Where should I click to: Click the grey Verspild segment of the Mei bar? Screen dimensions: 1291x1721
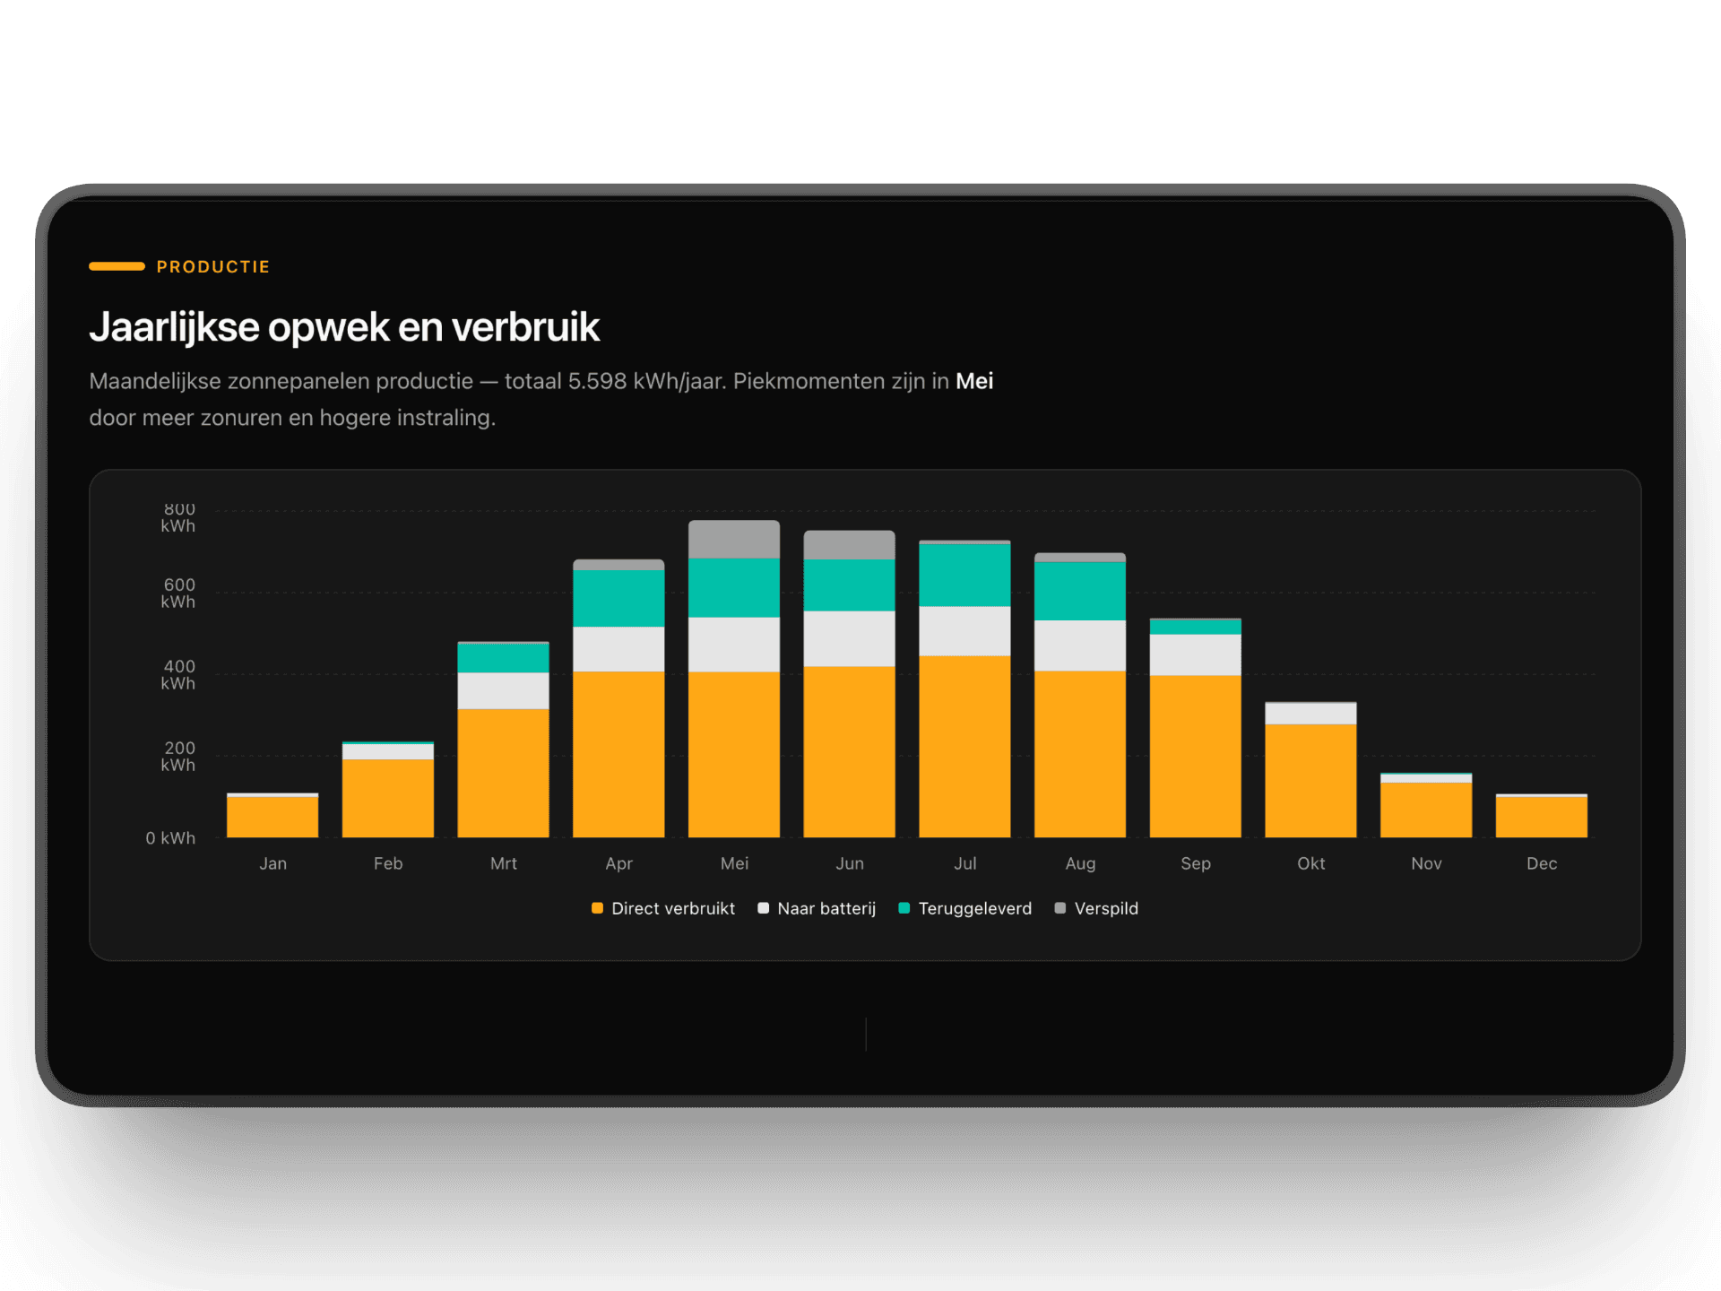click(x=733, y=539)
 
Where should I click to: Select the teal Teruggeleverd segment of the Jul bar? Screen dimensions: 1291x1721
click(x=964, y=575)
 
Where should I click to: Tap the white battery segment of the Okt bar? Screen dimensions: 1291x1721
click(x=1310, y=714)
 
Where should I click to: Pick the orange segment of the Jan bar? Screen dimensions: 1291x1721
click(x=272, y=817)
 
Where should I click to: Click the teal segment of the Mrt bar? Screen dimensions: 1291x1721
click(x=503, y=657)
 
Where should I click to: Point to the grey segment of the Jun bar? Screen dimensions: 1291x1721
click(x=849, y=544)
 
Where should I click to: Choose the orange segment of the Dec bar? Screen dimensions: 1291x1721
click(x=1541, y=817)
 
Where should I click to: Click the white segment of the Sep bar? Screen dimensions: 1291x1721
click(x=1195, y=654)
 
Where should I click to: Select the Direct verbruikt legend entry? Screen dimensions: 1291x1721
click(x=663, y=908)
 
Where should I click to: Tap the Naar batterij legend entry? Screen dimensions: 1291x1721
click(x=817, y=908)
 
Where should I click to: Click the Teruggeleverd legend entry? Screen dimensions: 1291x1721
click(x=965, y=908)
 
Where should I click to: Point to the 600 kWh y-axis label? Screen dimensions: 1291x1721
click(x=178, y=593)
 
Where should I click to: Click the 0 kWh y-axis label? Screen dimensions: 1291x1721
click(x=170, y=838)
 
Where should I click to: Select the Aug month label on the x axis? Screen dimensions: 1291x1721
click(x=1080, y=863)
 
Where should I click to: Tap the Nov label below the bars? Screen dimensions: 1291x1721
click(x=1426, y=863)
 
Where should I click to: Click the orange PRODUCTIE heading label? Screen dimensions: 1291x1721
click(x=212, y=266)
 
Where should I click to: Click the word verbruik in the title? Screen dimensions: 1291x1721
click(x=525, y=327)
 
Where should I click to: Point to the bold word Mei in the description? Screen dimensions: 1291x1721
click(x=974, y=381)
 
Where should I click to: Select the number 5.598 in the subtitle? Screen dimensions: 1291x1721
click(x=597, y=381)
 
